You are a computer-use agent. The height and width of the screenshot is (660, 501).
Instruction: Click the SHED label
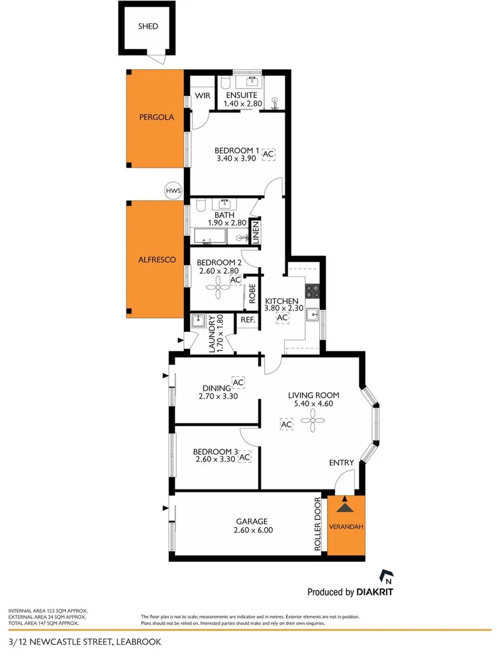point(148,26)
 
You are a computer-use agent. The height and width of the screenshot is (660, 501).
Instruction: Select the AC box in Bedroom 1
point(268,155)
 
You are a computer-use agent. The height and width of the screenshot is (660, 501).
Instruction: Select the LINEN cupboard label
point(256,232)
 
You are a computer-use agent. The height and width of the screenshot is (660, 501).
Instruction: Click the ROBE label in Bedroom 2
point(251,295)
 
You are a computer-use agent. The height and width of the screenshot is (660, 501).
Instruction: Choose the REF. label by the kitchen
point(247,320)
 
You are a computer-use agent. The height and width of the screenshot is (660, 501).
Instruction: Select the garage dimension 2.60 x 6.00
point(252,530)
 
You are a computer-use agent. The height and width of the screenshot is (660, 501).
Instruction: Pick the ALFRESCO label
point(157,260)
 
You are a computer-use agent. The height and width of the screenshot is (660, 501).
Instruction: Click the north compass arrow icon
point(386,576)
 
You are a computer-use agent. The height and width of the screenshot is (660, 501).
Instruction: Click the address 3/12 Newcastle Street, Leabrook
point(82,642)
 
